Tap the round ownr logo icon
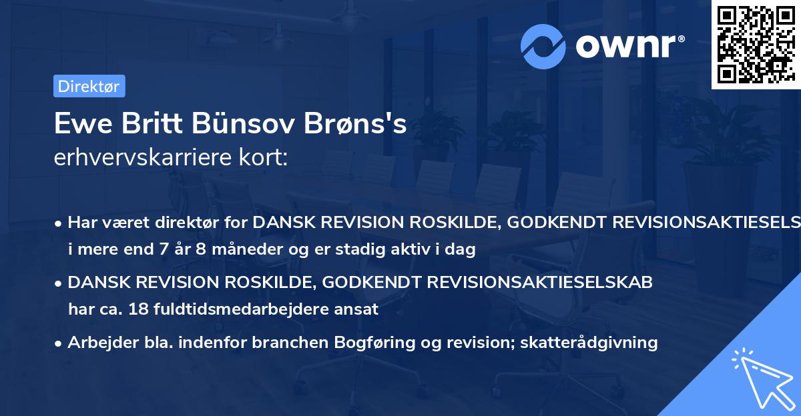(x=542, y=46)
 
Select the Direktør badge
(x=89, y=85)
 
